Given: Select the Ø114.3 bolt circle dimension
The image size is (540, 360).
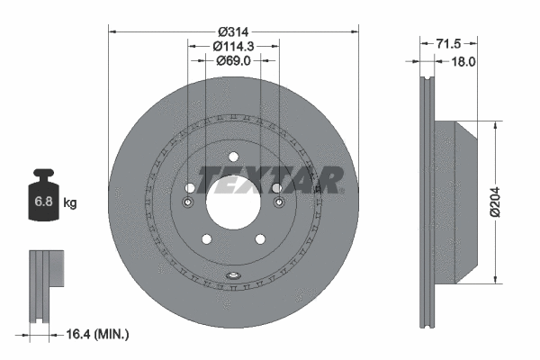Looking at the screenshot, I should [x=233, y=46].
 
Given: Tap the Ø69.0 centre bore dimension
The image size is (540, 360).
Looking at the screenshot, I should [x=233, y=60].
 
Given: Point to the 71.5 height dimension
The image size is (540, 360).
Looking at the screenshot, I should [x=448, y=42].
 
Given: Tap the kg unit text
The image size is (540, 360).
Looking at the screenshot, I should [x=70, y=203].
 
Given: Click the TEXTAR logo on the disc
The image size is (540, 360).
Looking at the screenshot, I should [x=270, y=180].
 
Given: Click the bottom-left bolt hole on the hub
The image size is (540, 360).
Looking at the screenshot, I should [x=207, y=238].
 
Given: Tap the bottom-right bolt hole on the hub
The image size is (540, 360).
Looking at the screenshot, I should [x=259, y=238].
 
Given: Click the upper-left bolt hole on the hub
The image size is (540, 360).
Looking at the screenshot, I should [x=189, y=188].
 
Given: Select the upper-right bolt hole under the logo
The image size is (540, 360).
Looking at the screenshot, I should [x=276, y=188].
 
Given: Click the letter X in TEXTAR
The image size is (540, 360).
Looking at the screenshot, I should [x=264, y=180].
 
